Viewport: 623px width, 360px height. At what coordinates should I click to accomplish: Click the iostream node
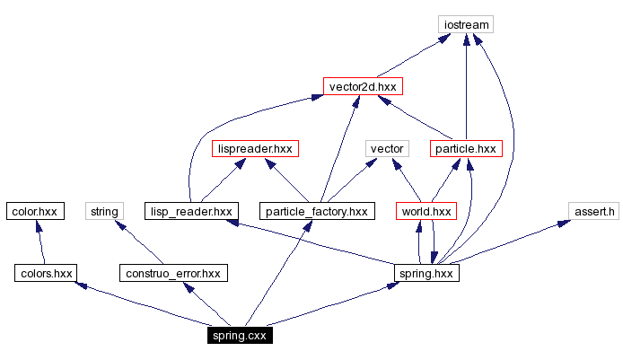coord(466,24)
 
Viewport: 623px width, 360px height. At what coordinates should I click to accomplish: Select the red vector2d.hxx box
coord(363,86)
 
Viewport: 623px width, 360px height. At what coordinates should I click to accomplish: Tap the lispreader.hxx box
coord(255,148)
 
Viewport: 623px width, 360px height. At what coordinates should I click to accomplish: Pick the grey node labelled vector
coord(388,148)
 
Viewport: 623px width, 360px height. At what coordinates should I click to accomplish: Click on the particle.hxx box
coord(464,148)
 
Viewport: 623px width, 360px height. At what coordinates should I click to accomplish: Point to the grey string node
coord(102,211)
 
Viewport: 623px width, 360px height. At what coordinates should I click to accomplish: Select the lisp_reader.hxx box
coord(190,211)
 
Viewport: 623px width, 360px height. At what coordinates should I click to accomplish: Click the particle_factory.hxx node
coord(315,211)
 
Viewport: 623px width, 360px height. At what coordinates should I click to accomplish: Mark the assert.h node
coord(593,211)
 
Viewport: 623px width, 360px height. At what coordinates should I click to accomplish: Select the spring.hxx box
coord(427,272)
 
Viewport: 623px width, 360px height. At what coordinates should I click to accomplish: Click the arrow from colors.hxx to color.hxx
coord(40,241)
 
